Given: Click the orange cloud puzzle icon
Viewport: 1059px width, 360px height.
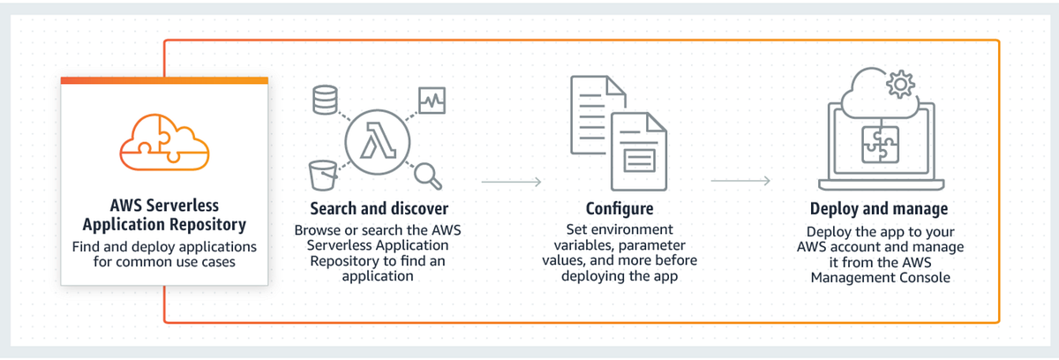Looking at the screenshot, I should [164, 144].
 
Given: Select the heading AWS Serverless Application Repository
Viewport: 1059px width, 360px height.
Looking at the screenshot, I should [164, 215].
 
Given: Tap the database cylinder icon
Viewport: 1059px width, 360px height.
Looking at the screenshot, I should [325, 101].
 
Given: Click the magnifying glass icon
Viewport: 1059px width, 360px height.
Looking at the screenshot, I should [428, 175].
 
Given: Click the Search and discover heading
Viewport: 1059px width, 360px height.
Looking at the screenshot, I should [379, 209].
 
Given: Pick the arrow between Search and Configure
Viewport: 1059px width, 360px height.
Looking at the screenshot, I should [511, 183].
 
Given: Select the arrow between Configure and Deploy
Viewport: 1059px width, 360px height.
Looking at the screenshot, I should [740, 183].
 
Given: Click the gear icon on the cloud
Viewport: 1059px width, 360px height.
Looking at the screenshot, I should [899, 85].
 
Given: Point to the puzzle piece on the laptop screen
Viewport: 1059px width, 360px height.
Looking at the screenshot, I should [879, 145].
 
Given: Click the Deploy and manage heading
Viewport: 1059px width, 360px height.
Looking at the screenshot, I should [879, 209].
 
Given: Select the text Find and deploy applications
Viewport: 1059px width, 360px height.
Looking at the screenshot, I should [164, 247].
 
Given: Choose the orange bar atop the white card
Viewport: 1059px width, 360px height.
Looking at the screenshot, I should [164, 80].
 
